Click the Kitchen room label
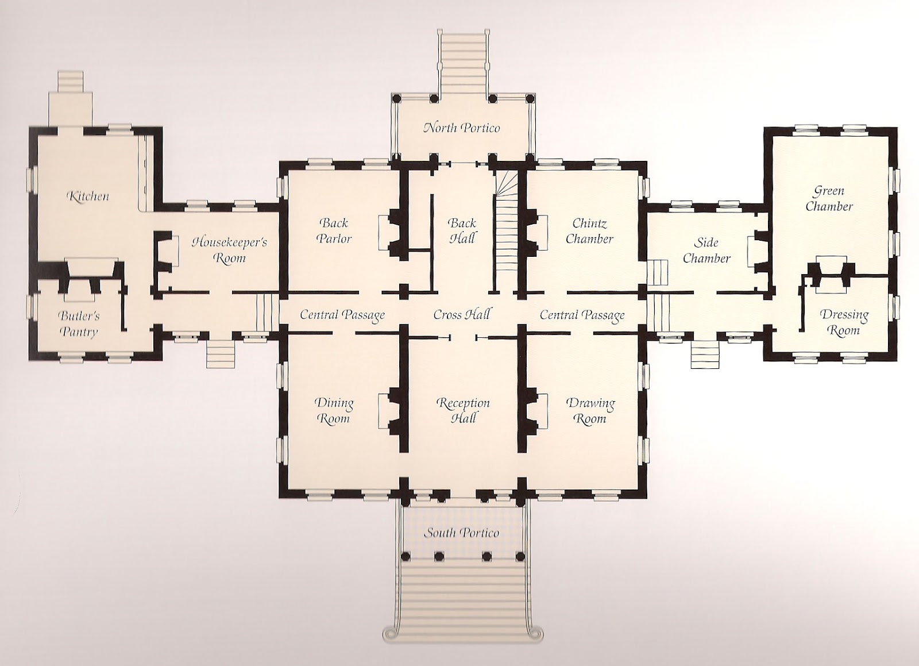[x=88, y=196]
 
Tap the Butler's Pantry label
[x=79, y=324]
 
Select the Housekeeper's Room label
[x=229, y=250]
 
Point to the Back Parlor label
[x=334, y=230]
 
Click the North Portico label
[x=462, y=128]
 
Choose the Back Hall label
[x=462, y=230]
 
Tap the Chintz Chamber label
[x=589, y=230]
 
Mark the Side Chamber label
[x=706, y=250]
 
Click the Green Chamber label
[x=829, y=199]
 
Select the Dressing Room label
[x=844, y=323]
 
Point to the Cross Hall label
[x=462, y=315]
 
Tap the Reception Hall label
[x=463, y=410]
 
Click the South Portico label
[x=461, y=533]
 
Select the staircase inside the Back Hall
[x=506, y=232]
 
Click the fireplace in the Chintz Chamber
[x=535, y=232]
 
